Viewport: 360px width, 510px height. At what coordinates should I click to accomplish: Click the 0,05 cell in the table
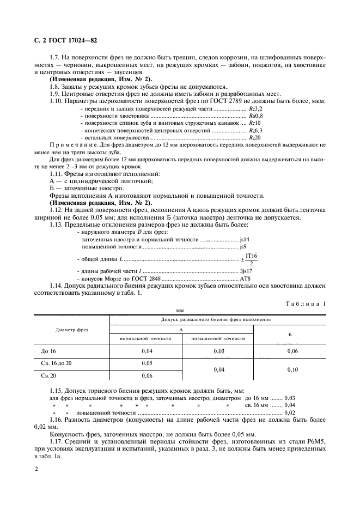click(147, 363)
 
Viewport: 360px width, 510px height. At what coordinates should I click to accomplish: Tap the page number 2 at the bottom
click(36, 469)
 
